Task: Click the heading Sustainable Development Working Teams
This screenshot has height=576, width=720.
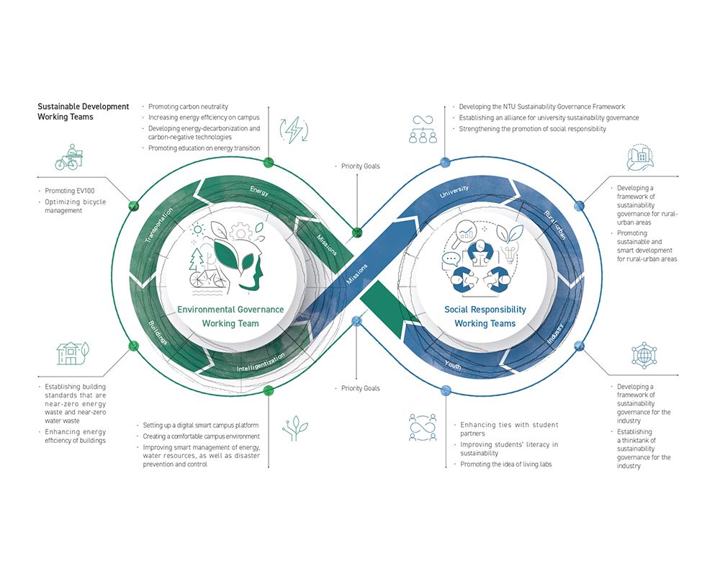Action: (83, 112)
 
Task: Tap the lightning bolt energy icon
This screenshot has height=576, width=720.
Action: (294, 130)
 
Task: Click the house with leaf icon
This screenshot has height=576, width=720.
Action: (71, 352)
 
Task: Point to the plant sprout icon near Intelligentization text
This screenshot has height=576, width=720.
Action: (294, 428)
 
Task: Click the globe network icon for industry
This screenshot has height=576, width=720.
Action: (643, 355)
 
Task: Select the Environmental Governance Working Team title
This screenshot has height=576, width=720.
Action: (230, 316)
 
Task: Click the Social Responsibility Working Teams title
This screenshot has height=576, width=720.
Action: (485, 316)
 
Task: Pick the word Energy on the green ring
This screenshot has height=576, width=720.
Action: (259, 191)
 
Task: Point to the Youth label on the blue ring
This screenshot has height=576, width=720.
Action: (453, 364)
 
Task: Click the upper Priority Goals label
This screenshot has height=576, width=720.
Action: (361, 166)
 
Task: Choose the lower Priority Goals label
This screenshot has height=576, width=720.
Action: (361, 389)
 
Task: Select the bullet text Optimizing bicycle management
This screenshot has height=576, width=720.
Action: (75, 207)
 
